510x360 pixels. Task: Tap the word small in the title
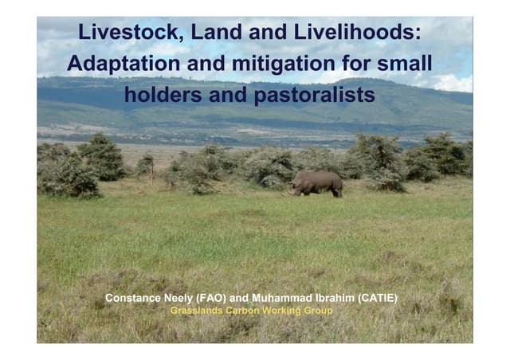pyautogui.click(x=406, y=63)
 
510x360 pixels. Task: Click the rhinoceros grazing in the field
pyautogui.click(x=316, y=183)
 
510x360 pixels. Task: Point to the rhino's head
pyautogui.click(x=296, y=189)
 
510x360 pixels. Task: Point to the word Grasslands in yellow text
pyautogui.click(x=198, y=310)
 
